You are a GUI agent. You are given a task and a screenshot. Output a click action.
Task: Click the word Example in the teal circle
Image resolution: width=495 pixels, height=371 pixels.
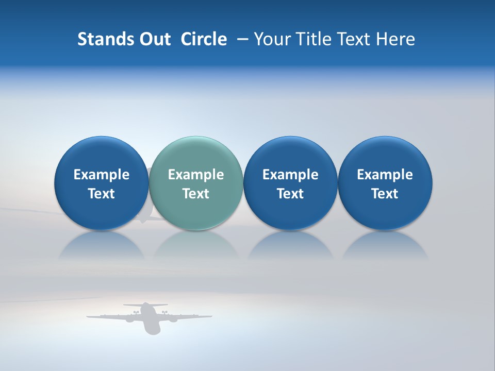point(196,175)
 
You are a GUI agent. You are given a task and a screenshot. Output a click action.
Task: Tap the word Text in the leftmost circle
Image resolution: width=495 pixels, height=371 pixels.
point(101,194)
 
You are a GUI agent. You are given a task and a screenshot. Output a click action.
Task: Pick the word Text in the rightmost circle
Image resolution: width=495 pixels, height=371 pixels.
point(385,194)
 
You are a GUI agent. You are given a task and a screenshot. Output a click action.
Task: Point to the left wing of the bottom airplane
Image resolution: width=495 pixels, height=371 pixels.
point(108,316)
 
